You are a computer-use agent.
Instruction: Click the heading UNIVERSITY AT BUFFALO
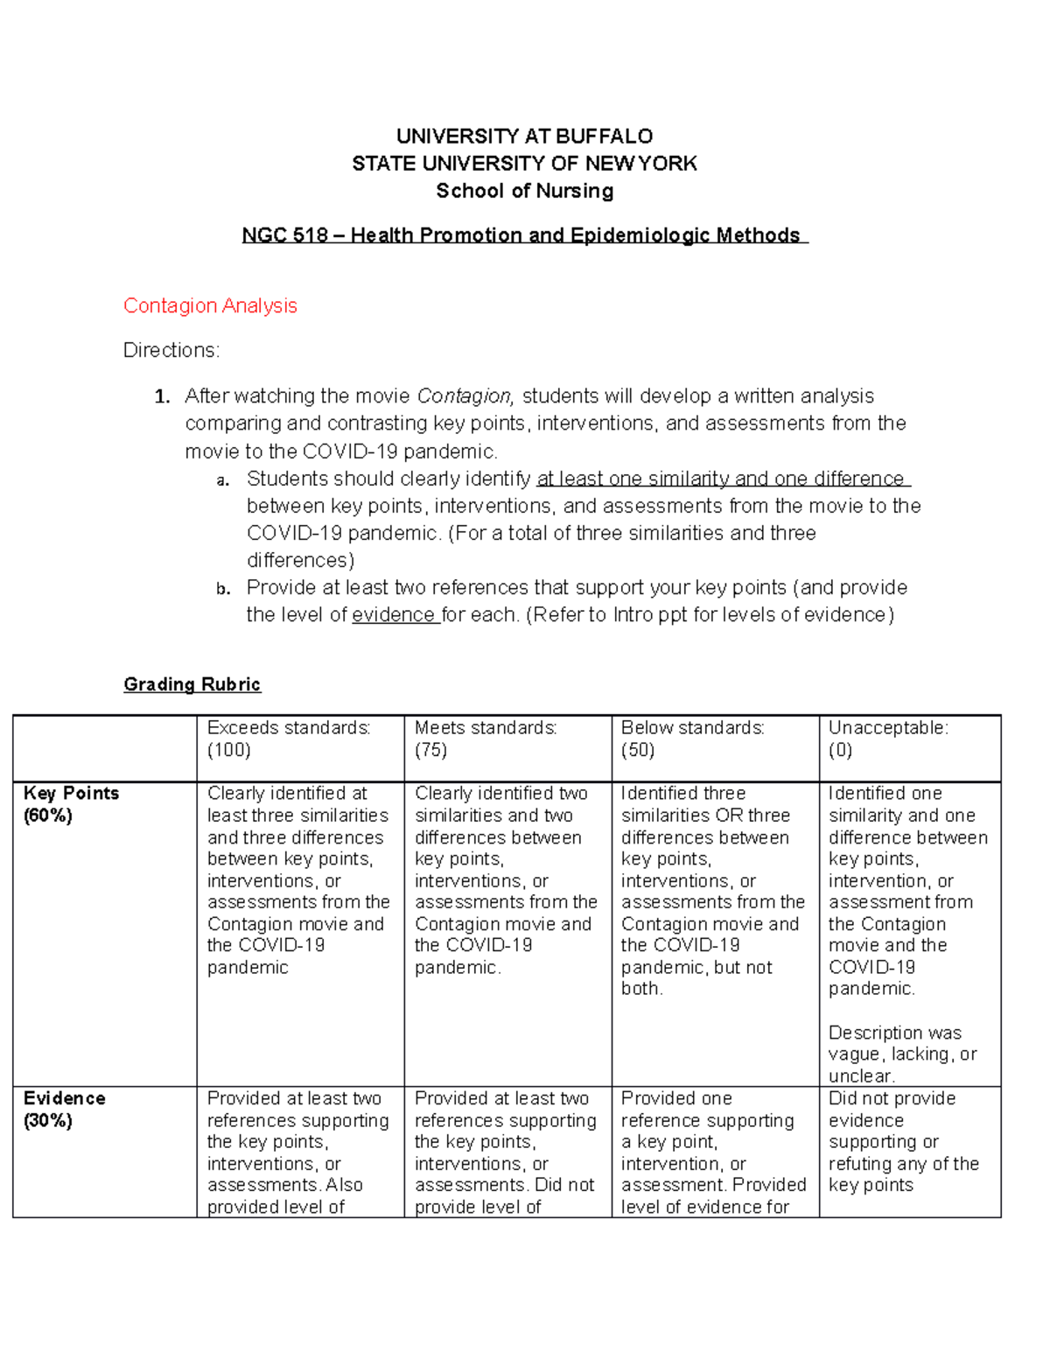524,136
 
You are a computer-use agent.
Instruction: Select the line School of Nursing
524,191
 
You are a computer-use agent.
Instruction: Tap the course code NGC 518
284,235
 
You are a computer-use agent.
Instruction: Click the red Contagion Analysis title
210,305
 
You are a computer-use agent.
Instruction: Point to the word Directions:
171,350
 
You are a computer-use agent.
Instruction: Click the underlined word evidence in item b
394,615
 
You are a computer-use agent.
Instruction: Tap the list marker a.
223,480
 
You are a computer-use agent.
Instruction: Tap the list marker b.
223,588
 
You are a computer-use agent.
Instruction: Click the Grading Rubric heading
192,684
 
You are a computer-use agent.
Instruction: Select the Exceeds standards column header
289,728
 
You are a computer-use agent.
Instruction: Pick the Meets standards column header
486,728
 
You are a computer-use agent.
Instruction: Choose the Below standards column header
693,728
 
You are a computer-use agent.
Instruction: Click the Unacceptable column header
888,728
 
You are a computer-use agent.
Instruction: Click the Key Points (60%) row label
71,803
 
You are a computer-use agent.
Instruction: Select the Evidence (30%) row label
64,1109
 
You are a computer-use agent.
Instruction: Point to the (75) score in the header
430,750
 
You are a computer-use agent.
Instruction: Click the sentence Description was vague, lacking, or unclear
901,1054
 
